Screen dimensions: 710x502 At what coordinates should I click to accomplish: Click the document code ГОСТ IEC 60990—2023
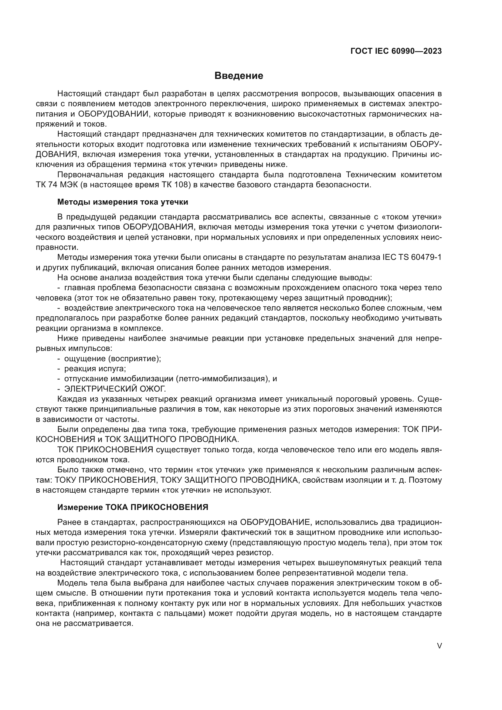click(396, 51)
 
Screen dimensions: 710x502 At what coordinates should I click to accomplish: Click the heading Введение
click(239, 76)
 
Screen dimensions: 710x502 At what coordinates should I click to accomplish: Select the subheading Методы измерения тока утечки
click(123, 202)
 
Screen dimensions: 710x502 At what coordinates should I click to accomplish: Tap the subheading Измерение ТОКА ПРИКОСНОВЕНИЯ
click(133, 507)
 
